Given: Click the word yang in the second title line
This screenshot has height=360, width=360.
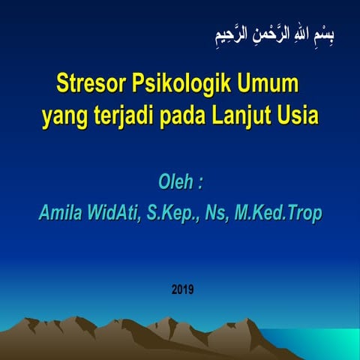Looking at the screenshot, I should point(61,117).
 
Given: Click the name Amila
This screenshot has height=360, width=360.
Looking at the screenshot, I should point(62,214).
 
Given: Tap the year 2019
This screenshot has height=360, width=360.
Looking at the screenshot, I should point(182,288).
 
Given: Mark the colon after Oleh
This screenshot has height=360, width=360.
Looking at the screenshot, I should point(199,184).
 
